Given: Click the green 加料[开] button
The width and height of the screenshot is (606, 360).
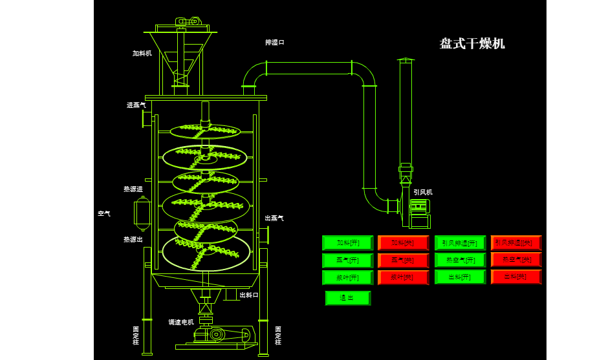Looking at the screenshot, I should pos(348,243).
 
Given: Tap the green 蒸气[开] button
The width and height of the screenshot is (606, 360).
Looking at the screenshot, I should pos(348,260).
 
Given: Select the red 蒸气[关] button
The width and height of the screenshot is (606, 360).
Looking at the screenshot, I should pos(404,260).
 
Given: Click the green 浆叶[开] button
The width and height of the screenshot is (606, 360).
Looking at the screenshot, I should pos(348,277).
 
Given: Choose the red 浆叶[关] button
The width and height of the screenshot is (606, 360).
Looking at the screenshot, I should pos(404,277).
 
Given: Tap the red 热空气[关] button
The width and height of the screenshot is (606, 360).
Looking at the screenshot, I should pos(516,260).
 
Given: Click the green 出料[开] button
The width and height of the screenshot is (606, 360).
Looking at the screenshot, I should pos(460,277).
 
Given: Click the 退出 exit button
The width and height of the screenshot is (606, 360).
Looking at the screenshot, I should pos(348,298).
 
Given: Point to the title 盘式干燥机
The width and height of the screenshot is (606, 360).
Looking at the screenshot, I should pos(472,44).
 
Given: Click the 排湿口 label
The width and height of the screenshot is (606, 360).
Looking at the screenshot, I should pos(274,43).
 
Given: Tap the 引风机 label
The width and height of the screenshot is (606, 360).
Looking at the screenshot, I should pos(423,192).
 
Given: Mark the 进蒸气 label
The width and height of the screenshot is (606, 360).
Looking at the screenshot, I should pos(136,105).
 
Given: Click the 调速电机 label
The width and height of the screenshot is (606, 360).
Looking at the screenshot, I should pos(181,322).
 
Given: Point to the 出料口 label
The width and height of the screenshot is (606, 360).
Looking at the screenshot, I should pos(249,295).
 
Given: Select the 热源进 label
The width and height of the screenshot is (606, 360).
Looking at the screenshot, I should pos(133,189).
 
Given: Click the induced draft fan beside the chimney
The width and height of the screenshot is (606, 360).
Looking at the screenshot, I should pos(419,213).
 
